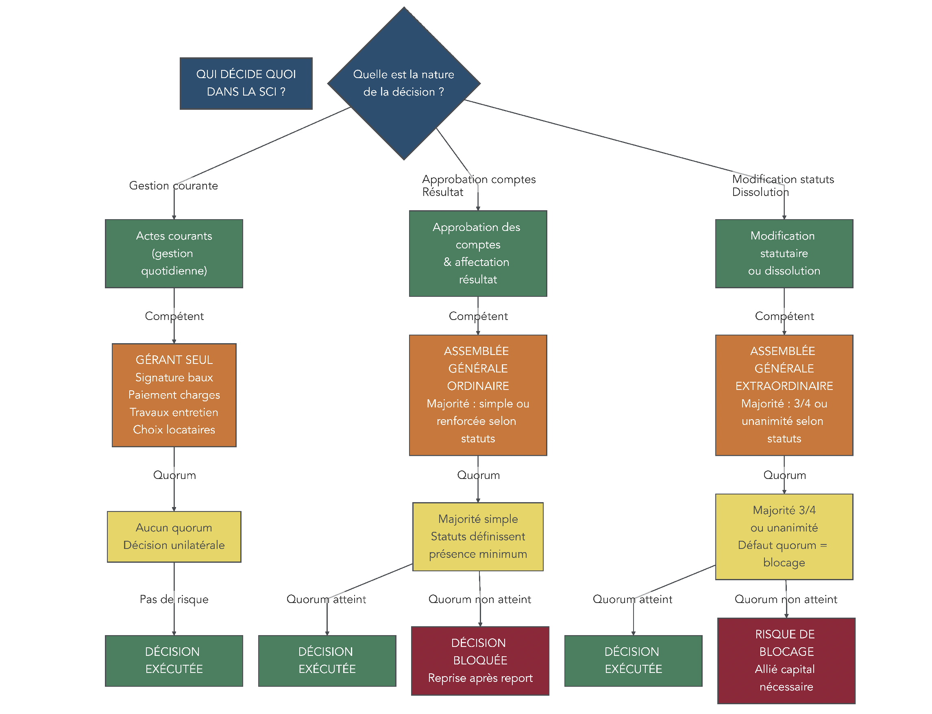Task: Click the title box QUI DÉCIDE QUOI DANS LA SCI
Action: click(246, 83)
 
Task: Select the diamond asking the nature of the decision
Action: click(403, 83)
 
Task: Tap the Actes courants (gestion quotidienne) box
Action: click(174, 253)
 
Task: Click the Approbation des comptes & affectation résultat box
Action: click(477, 253)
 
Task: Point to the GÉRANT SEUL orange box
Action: click(174, 394)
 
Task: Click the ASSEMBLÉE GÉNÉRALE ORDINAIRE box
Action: click(477, 394)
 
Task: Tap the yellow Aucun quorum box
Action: click(174, 536)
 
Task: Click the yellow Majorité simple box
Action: click(477, 536)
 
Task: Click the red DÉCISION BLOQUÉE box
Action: click(480, 660)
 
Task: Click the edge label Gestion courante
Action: click(173, 186)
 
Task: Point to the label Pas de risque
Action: click(174, 599)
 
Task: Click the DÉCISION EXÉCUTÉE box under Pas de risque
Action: click(174, 660)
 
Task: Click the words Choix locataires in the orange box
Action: click(174, 430)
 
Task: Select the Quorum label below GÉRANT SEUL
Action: click(174, 475)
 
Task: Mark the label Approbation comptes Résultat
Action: click(478, 186)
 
